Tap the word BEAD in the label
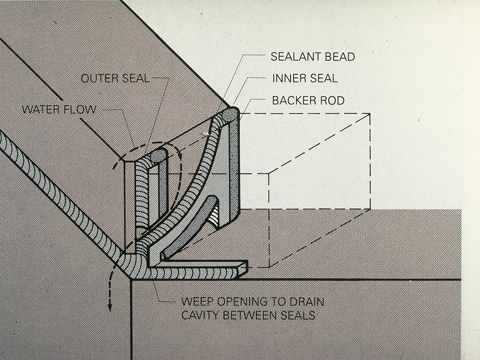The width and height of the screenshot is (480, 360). [339, 57]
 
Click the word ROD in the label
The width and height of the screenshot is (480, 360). [333, 100]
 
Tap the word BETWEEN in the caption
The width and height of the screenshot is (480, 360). [253, 315]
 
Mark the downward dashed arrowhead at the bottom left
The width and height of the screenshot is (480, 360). [111, 307]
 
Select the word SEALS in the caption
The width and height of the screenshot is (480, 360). [300, 315]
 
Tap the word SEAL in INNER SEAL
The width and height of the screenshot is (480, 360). [323, 78]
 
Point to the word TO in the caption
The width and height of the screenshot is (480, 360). [278, 301]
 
